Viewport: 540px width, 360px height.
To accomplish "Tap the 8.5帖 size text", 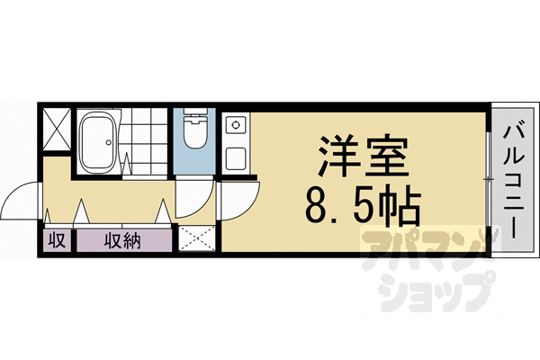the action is (x=363, y=206).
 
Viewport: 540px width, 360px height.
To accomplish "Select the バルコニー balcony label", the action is (x=514, y=182).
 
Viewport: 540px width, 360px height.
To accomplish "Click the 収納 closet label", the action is (x=123, y=240).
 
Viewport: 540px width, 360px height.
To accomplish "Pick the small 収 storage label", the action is (x=57, y=240).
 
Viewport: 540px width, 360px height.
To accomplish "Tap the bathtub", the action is (x=97, y=142).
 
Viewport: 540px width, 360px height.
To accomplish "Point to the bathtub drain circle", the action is (x=109, y=142).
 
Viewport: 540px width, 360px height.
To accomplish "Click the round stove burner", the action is (x=236, y=125).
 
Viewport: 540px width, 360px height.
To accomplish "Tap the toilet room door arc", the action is (x=200, y=203).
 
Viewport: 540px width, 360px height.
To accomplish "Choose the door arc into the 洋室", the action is (x=246, y=203).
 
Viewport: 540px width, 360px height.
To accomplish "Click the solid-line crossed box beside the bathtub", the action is (x=58, y=129).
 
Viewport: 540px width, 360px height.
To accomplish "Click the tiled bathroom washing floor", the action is (x=145, y=141).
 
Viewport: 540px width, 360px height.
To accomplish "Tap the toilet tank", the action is (x=195, y=112).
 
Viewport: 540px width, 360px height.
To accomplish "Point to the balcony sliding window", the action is (x=489, y=179).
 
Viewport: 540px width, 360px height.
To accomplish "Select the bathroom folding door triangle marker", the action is (x=126, y=163).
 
